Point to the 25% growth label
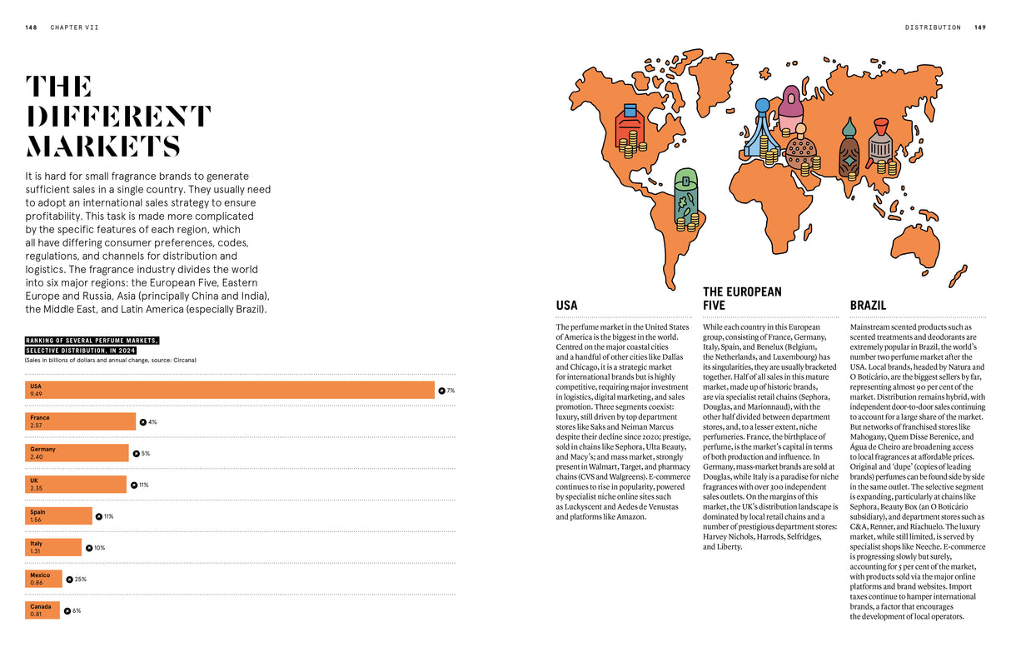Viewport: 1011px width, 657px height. pyautogui.click(x=81, y=579)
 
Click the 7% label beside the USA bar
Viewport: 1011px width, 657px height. pyautogui.click(x=451, y=390)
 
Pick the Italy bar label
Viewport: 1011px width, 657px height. pyautogui.click(x=36, y=544)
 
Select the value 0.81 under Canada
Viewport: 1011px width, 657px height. pyautogui.click(x=36, y=615)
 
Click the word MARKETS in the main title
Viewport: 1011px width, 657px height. pyautogui.click(x=103, y=147)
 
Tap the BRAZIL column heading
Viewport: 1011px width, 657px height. pyautogui.click(x=868, y=306)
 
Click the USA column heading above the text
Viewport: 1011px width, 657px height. pyautogui.click(x=566, y=306)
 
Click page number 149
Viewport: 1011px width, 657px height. pyautogui.click(x=980, y=27)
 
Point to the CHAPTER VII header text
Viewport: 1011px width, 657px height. pyautogui.click(x=74, y=27)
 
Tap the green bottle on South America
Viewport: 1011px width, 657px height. pyautogui.click(x=684, y=197)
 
